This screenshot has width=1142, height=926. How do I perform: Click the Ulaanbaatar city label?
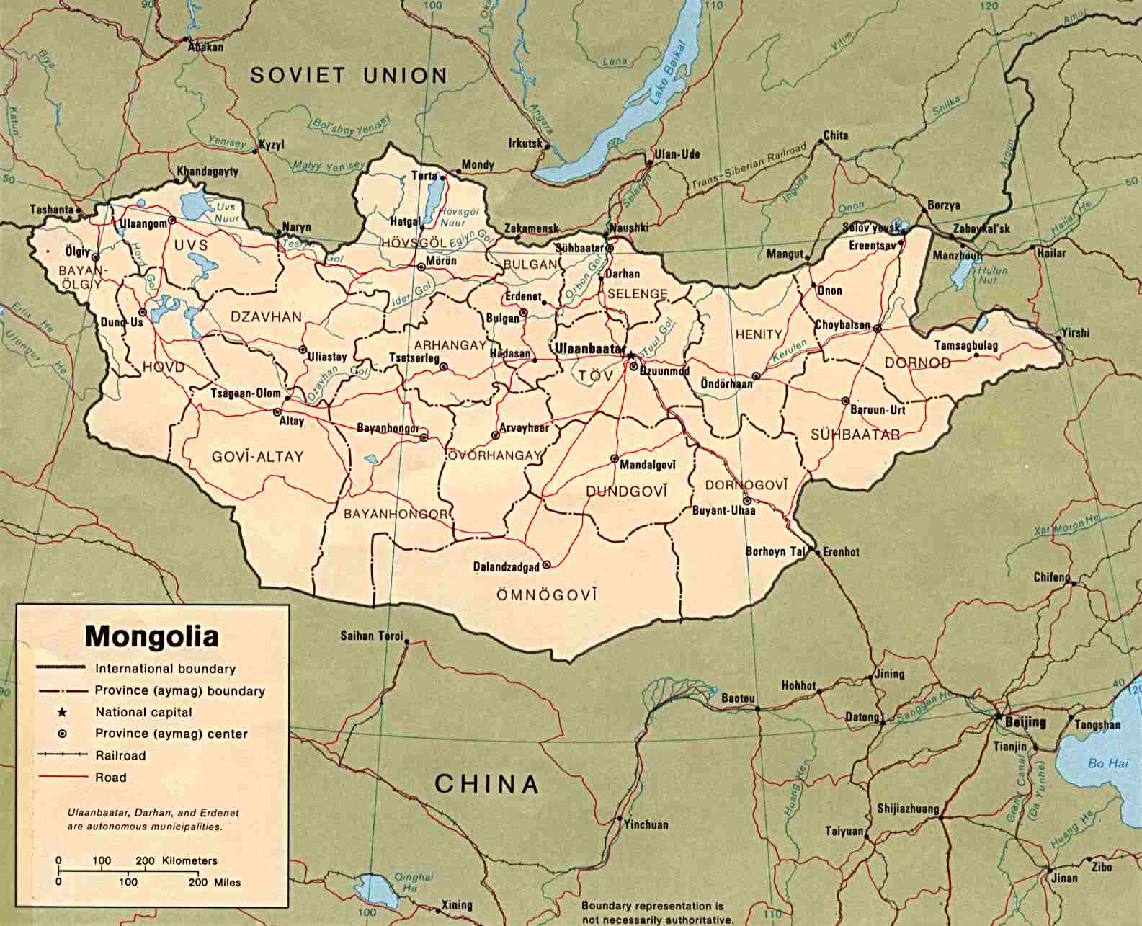click(x=587, y=348)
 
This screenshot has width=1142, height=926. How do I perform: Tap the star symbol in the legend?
click(x=63, y=712)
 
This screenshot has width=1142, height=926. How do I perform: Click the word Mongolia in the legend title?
click(x=152, y=636)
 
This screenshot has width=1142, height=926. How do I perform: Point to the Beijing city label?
click(x=1026, y=722)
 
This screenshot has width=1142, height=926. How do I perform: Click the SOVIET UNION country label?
click(x=349, y=75)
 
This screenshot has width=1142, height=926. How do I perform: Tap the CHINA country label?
click(x=486, y=783)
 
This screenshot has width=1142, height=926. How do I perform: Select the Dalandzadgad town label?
click(x=506, y=567)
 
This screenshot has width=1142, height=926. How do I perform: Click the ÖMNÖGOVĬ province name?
click(x=547, y=595)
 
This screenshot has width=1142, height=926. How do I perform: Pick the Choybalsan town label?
click(x=842, y=325)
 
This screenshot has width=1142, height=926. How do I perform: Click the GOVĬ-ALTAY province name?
click(x=257, y=456)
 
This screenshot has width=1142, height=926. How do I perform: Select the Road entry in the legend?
click(x=110, y=777)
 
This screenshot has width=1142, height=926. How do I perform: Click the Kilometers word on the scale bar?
click(x=189, y=860)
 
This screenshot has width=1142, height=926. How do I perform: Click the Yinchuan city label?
click(x=646, y=825)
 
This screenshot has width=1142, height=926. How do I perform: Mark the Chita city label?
click(x=835, y=135)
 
